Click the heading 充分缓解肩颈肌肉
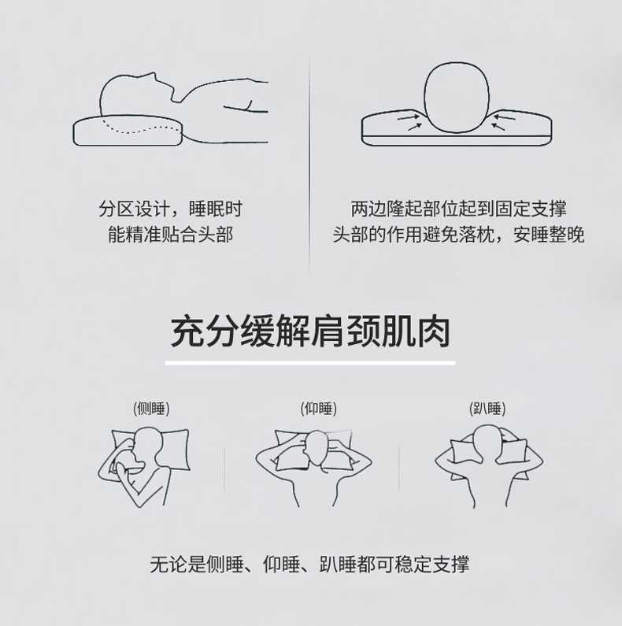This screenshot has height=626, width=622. pos(310,332)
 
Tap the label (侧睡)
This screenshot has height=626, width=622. pos(151,409)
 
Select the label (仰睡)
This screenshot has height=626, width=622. pos(319,409)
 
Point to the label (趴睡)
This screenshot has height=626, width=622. pos(487,409)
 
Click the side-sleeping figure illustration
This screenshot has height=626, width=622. pos(144,467)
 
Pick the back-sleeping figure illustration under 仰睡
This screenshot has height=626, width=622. pos(314,468)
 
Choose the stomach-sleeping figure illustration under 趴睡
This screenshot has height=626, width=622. pos(489,466)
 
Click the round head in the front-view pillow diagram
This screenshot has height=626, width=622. pos(457,98)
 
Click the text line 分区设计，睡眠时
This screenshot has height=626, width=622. pos(171,209)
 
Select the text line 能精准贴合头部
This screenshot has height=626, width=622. pos(171,235)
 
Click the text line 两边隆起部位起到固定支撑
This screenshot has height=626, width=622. pos(459,209)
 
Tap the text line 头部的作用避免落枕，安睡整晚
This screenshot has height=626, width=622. pos(459,235)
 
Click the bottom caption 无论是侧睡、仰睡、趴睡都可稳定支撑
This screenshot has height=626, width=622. pos(309,565)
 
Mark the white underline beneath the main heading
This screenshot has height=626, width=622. pos(310,363)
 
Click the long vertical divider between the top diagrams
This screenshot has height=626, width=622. pos(309,164)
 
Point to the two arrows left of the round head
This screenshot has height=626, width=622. pos(410,122)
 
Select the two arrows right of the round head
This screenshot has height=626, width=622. pos(502,122)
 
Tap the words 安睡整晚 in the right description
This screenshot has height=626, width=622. pos(549,235)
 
